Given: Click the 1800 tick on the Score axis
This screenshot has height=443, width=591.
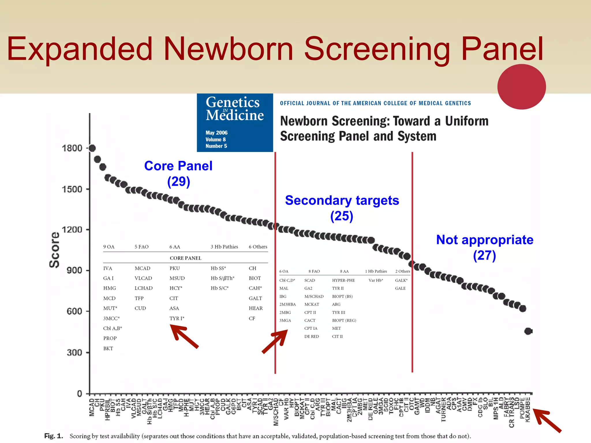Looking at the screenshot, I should point(72,148).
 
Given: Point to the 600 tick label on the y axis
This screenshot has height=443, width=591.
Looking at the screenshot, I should point(74,311).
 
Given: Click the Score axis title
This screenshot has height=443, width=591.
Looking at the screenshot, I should point(55,250).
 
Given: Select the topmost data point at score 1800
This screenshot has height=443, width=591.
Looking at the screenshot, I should point(92,148).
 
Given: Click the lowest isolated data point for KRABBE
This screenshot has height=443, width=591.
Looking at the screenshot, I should point(528,331).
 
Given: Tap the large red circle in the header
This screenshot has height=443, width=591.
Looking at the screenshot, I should point(521,87).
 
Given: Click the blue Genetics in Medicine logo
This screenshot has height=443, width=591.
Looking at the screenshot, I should point(235,122).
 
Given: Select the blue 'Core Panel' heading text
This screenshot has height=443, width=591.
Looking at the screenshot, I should point(178,166).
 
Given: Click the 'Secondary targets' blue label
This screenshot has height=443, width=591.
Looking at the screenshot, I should point(342,200).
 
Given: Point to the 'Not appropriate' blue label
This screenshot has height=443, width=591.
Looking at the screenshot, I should point(485,240).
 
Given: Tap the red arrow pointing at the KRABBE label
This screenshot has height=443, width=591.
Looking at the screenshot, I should point(547,420).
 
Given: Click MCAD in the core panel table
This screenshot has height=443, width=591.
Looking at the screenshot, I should point(142,268).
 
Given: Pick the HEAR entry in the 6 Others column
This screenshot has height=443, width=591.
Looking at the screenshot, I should point(256,308).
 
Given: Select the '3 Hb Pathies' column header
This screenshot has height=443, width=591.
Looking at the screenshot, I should point(224,247).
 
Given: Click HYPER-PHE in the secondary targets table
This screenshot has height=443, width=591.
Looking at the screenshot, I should point(343,280).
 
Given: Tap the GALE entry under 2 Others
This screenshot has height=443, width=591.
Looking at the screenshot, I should point(400,288).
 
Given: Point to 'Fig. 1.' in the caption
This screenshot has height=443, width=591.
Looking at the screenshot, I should point(53,436).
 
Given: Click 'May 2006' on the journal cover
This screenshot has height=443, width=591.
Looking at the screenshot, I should point(216,133).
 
